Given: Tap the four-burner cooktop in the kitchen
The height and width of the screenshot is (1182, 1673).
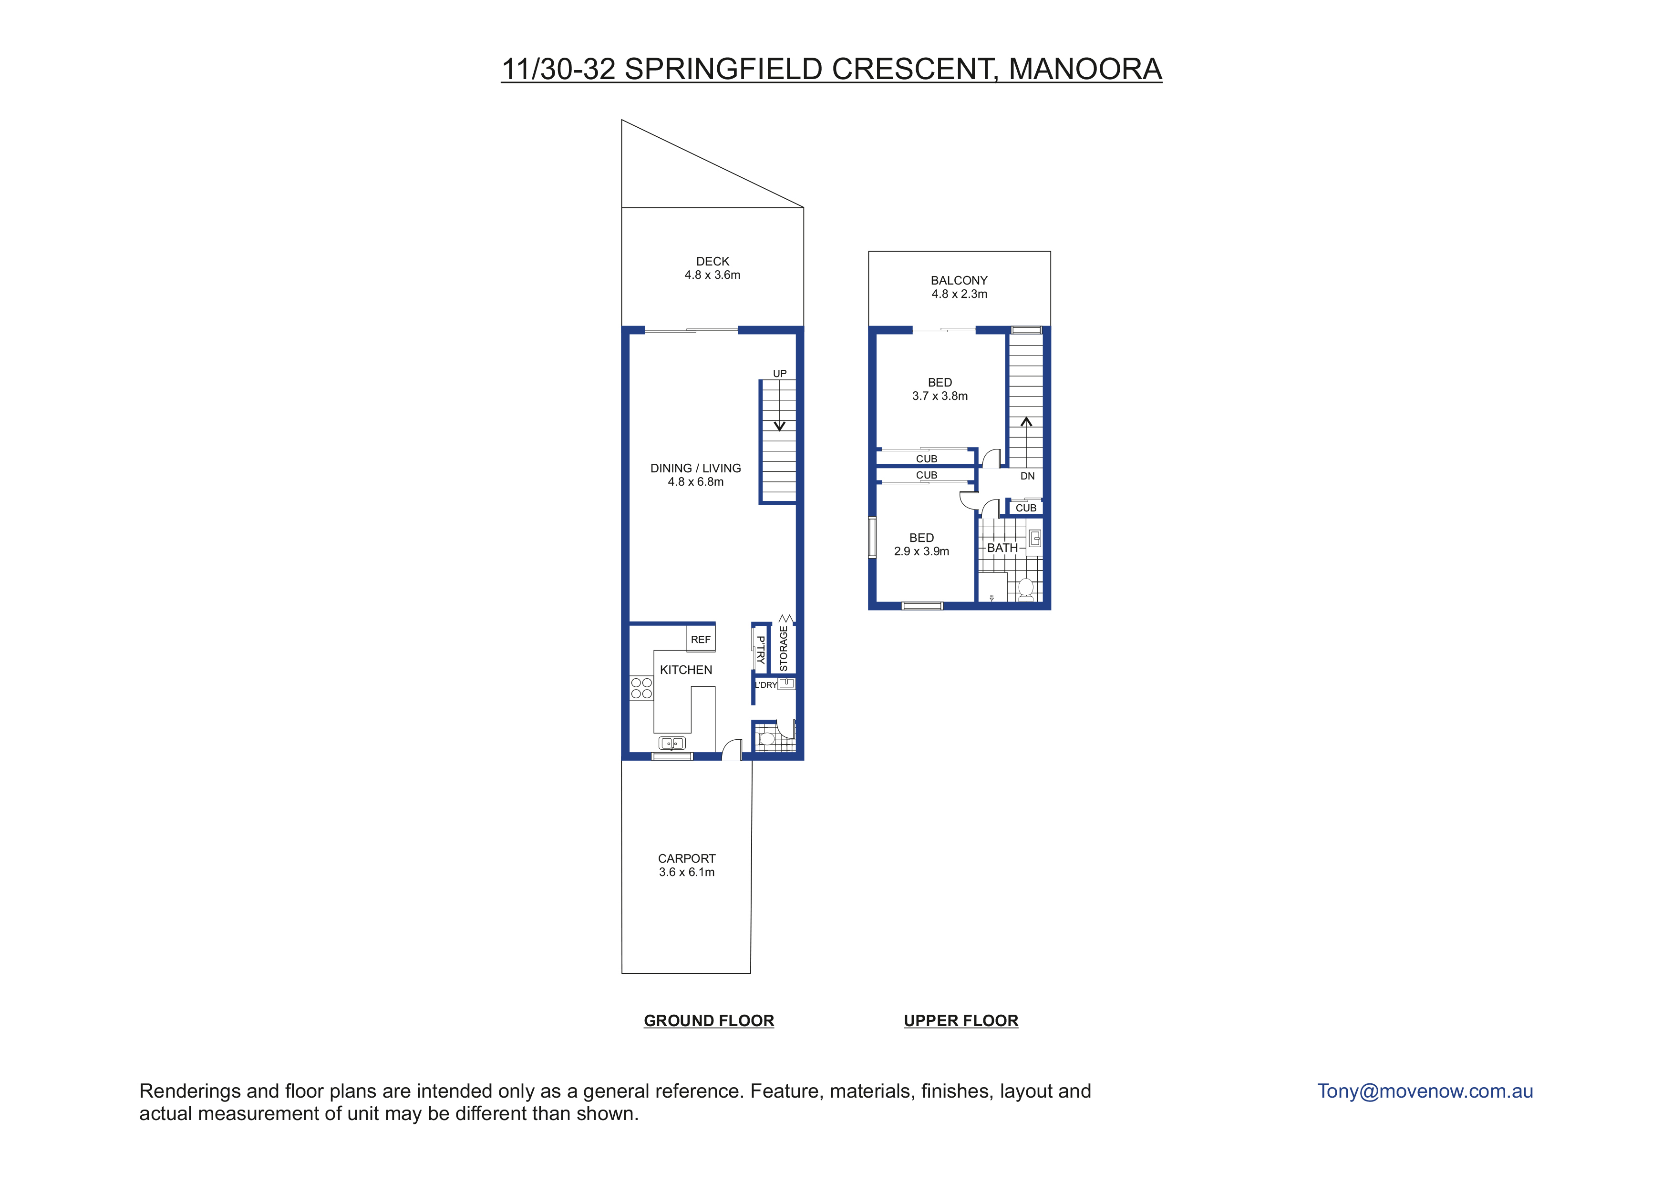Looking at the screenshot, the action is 641,688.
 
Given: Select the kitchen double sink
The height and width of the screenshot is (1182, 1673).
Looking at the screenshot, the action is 672,744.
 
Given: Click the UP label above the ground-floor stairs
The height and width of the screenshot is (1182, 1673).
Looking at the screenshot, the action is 780,374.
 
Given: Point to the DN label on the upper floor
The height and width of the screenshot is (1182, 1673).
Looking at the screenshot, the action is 1027,476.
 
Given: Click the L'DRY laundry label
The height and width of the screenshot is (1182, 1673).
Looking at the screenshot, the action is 766,685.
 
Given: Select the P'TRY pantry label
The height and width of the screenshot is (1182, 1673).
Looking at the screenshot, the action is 761,650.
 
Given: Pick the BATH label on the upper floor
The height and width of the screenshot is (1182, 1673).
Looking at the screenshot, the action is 1002,548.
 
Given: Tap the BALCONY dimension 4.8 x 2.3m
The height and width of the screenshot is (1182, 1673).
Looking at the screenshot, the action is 960,294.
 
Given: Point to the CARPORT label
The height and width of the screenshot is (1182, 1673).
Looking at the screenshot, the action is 686,859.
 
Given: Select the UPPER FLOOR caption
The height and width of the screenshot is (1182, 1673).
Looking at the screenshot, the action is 961,1021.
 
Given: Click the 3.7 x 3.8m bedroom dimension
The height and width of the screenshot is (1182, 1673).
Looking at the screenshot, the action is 940,396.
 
